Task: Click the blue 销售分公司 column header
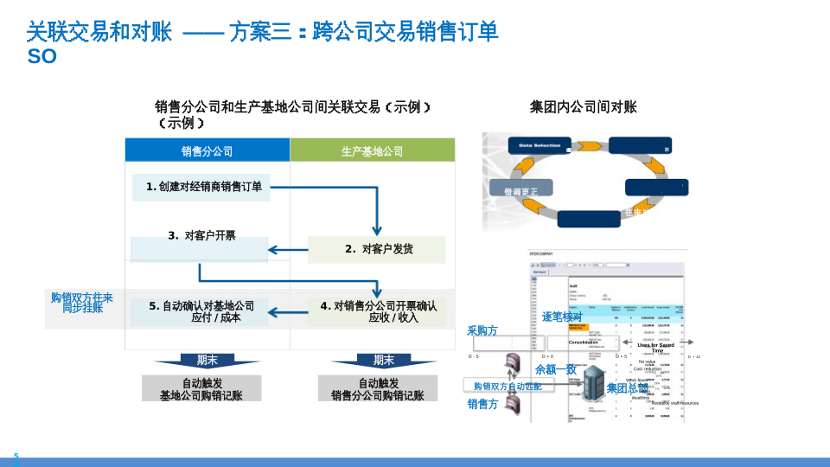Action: point(207,151)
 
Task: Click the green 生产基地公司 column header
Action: point(372,151)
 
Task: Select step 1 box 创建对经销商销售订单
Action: point(201,187)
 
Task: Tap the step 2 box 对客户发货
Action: point(377,249)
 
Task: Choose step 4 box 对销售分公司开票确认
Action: point(378,311)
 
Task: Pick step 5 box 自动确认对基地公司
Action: point(201,311)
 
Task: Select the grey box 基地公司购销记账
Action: point(201,388)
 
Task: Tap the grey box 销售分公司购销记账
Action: point(377,388)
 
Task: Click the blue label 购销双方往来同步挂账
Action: point(82,302)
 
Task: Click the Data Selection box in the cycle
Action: point(539,146)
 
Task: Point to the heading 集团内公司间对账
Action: point(583,107)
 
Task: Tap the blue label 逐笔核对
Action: point(562,317)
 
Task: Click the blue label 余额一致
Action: point(555,369)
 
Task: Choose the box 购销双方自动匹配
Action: point(508,386)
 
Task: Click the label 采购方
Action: point(482,330)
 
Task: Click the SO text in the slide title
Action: point(42,57)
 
